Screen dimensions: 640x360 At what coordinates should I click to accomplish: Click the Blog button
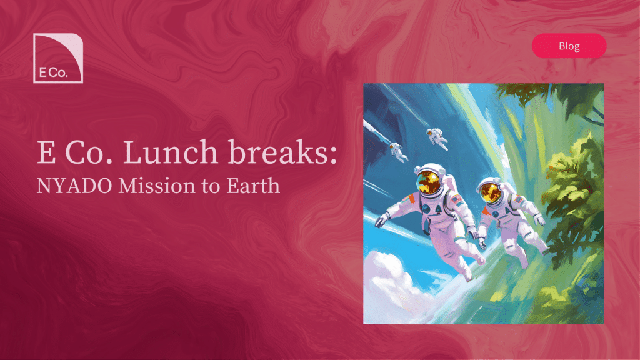[x=569, y=46]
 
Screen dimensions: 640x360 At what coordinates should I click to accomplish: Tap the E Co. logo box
[x=58, y=58]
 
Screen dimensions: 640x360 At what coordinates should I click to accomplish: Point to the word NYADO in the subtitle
[x=74, y=186]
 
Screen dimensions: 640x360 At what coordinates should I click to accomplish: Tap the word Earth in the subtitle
[x=254, y=186]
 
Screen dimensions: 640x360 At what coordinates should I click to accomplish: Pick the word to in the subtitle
[x=211, y=186]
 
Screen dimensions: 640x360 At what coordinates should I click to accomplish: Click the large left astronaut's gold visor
[x=429, y=182]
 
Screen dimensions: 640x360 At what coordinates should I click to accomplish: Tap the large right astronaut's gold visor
[x=491, y=192]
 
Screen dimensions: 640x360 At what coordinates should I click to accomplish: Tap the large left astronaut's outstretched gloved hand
[x=381, y=221]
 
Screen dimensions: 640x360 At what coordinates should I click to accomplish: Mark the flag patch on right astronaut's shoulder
[x=519, y=201]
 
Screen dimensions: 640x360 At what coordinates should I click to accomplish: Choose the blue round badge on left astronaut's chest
[x=426, y=209]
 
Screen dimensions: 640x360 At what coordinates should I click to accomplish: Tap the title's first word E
[x=46, y=152]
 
